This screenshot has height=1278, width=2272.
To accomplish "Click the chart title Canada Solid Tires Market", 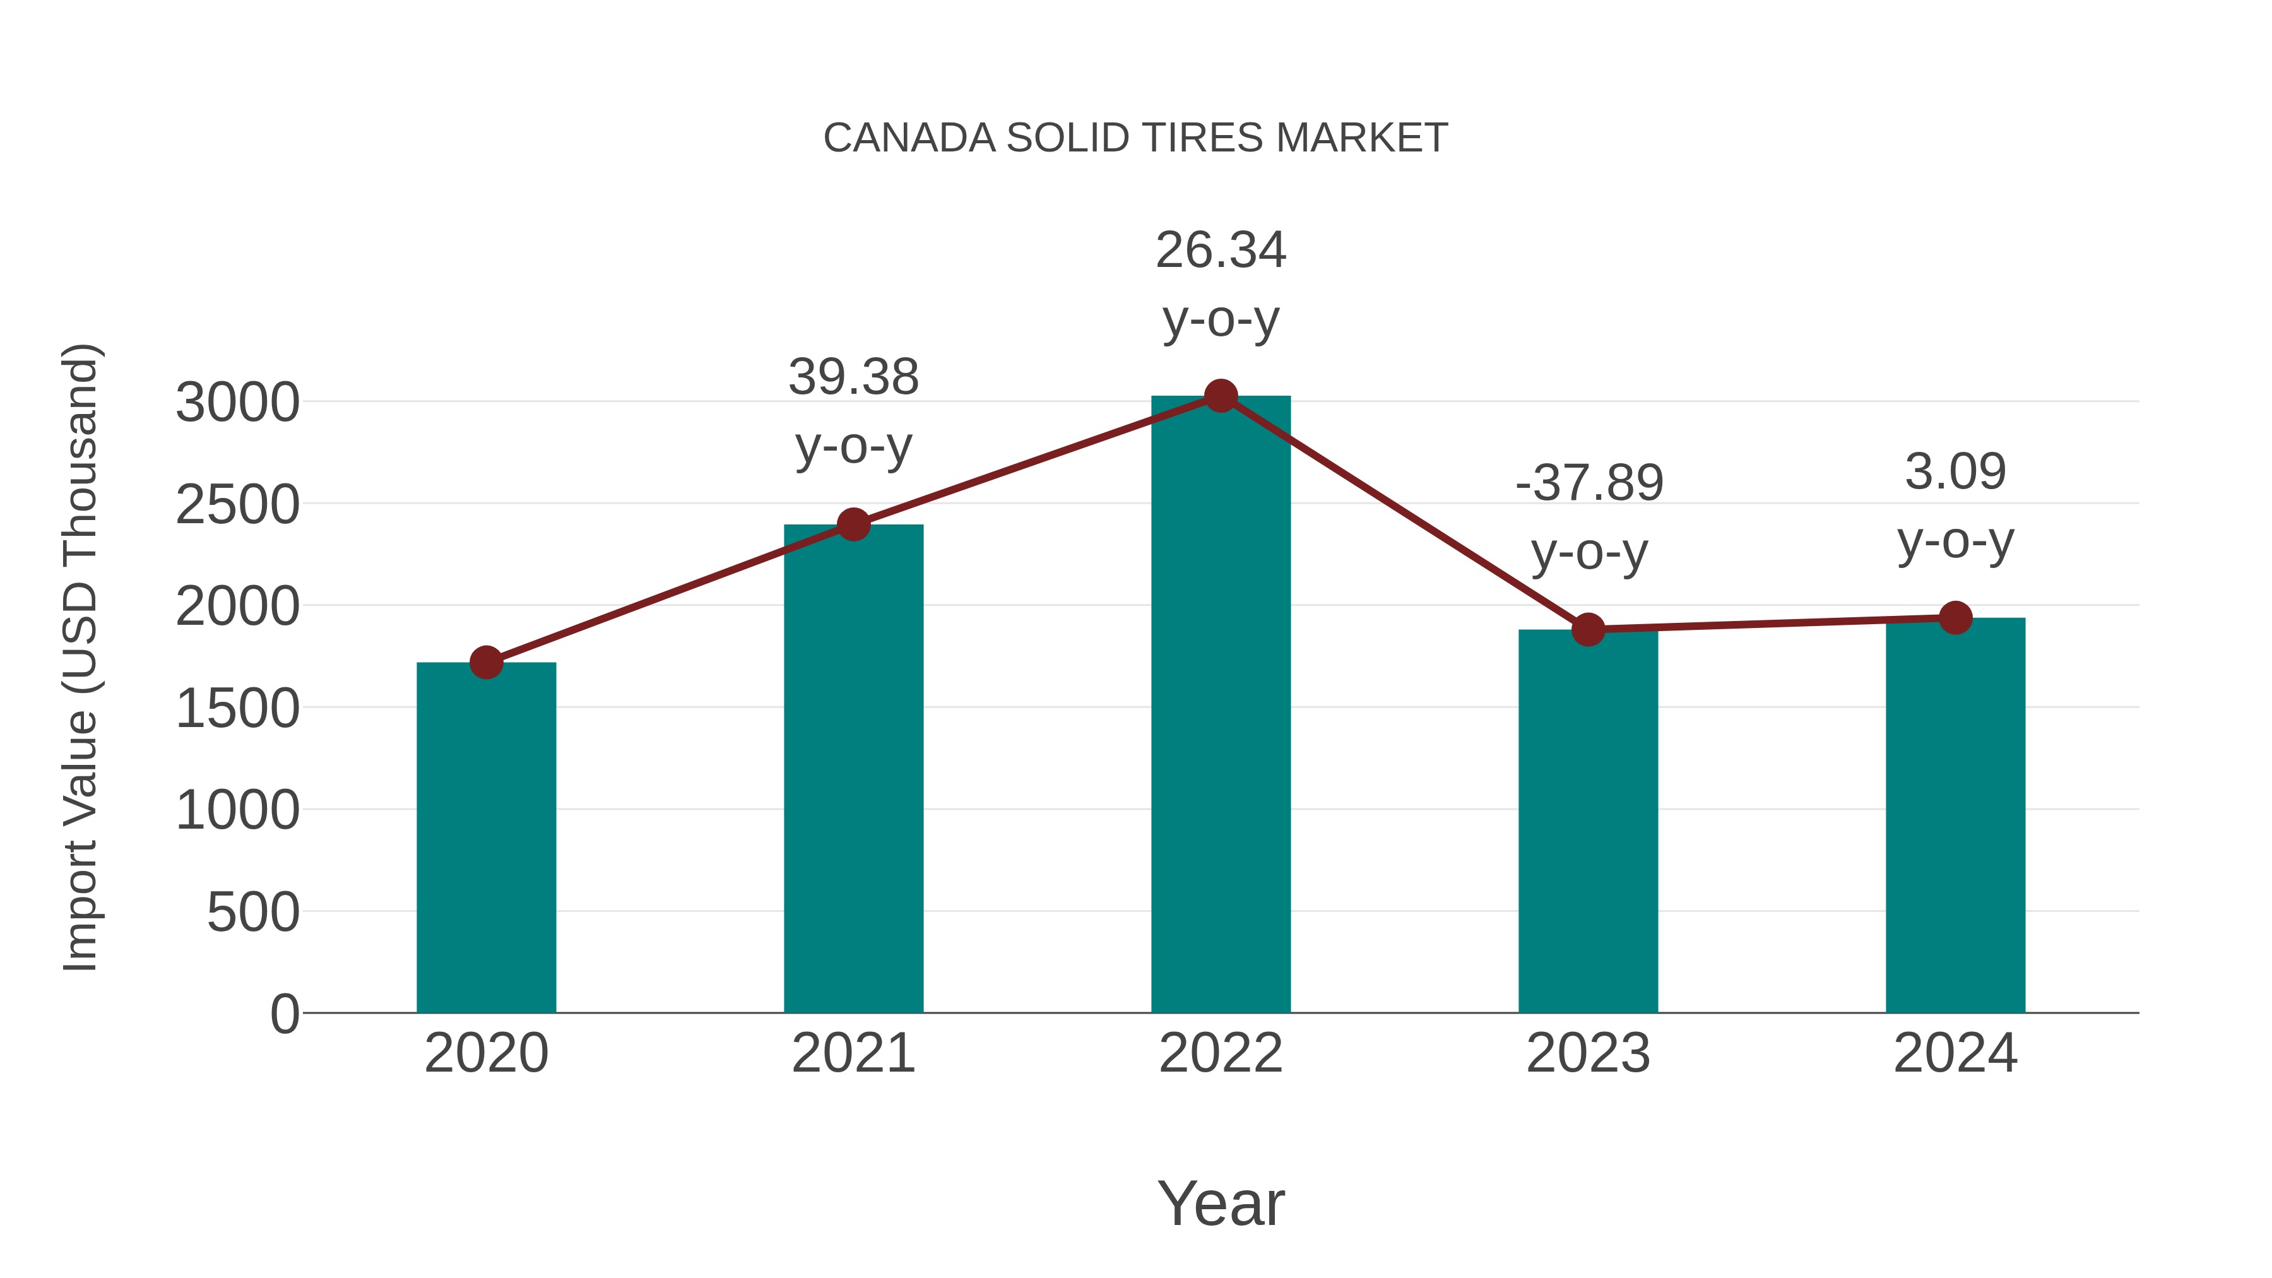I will tap(1135, 138).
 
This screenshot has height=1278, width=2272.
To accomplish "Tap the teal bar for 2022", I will tap(1221, 706).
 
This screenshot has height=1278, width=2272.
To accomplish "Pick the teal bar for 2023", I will tap(1588, 820).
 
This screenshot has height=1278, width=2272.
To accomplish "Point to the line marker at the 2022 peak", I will tap(1221, 396).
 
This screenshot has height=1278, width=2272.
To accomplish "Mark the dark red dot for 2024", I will tap(1955, 618).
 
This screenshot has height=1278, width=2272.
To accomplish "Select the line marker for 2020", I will tap(486, 663).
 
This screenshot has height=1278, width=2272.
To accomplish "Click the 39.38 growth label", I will tap(853, 377).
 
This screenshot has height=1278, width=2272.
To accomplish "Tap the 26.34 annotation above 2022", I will tap(1221, 251).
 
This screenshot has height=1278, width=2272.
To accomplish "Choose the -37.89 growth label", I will tap(1589, 483).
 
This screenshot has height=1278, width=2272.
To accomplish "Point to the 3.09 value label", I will tap(1955, 472).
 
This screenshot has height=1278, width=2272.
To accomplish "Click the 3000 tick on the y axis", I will tap(237, 403).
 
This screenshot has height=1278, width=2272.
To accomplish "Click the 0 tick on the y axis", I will tap(284, 1014).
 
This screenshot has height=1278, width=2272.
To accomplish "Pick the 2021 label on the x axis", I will tap(853, 1053).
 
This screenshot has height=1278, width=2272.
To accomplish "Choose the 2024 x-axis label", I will tap(1955, 1053).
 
